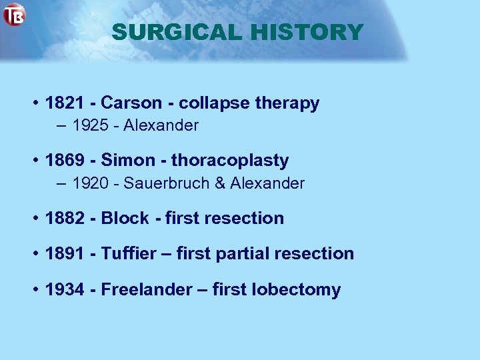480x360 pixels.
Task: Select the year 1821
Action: (x=65, y=103)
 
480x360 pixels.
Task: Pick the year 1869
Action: (x=65, y=161)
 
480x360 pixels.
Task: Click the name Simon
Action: (x=128, y=161)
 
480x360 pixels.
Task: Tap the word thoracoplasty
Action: (x=230, y=161)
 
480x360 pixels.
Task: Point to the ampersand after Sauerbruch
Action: (x=220, y=183)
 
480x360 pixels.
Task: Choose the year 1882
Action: (x=65, y=218)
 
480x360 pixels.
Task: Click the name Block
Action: (x=125, y=218)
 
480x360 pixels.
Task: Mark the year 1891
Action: (x=65, y=253)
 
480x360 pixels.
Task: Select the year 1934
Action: (x=65, y=290)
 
